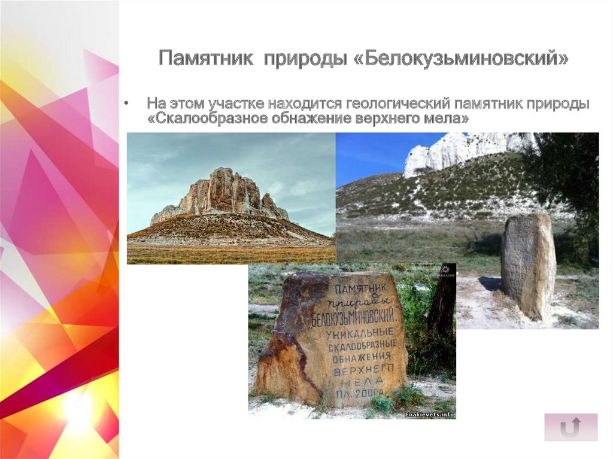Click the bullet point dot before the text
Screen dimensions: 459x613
coord(127,104)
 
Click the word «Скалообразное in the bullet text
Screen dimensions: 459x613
coord(200,120)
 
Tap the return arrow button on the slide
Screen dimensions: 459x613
coord(570,427)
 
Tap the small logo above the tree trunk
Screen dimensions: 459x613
coord(445,271)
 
